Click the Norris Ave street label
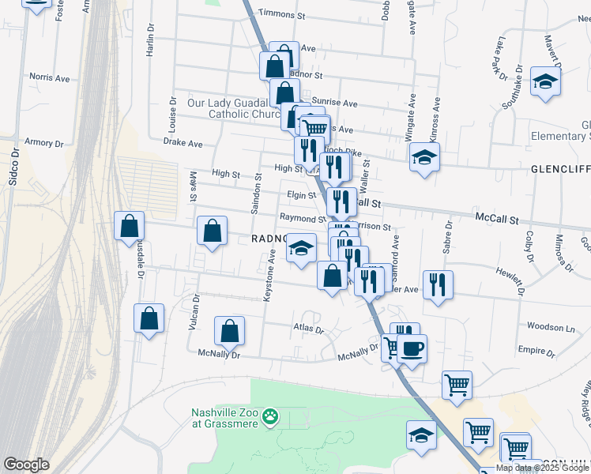pyautogui.click(x=50, y=78)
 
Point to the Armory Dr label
pyautogui.click(x=43, y=143)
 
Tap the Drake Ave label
pyautogui.click(x=183, y=144)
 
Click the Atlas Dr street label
pyautogui.click(x=308, y=328)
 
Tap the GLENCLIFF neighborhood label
pyautogui.click(x=560, y=169)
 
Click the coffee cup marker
pyautogui.click(x=412, y=348)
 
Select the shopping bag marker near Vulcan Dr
pyautogui.click(x=149, y=319)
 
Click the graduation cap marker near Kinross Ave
pyautogui.click(x=424, y=156)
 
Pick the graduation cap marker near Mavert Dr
pyautogui.click(x=545, y=83)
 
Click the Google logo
pyautogui.click(x=26, y=464)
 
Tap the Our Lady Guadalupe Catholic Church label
pyautogui.click(x=234, y=108)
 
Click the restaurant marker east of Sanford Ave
pyautogui.click(x=438, y=284)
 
